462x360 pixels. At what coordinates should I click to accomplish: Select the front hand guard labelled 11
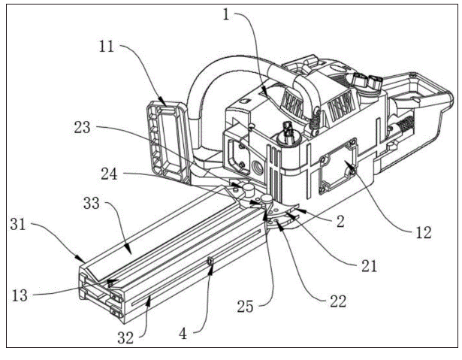[167, 139]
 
